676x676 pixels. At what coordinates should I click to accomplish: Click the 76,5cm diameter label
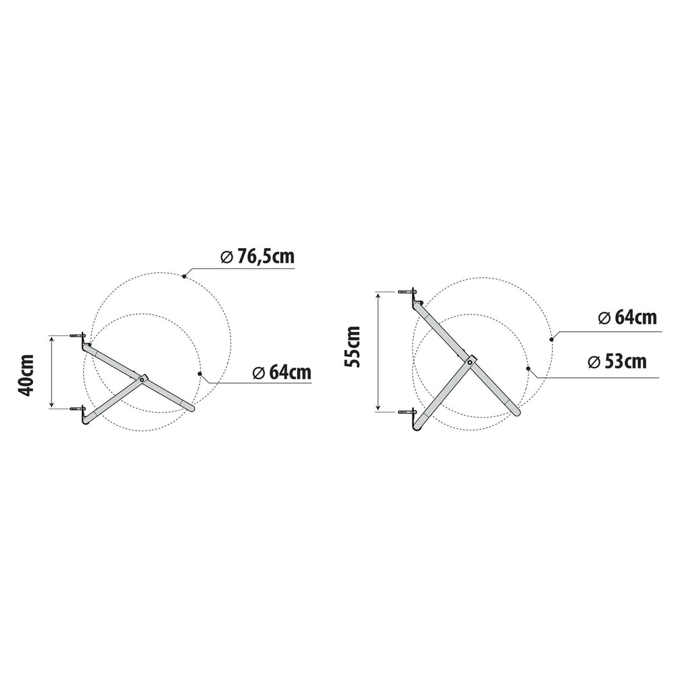point(258,256)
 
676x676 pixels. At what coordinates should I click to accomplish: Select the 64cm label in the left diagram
point(282,372)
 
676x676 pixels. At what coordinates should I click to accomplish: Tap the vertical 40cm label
point(26,375)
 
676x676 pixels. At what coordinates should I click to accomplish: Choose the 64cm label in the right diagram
point(627,318)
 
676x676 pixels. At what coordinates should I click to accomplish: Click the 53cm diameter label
point(617,361)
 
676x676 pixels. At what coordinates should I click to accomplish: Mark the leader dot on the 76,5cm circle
point(184,276)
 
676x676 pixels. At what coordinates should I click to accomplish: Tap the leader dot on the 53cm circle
point(528,368)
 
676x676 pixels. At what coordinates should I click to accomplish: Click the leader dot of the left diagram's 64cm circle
point(199,373)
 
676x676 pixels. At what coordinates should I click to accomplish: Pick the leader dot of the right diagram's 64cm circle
point(552,339)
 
